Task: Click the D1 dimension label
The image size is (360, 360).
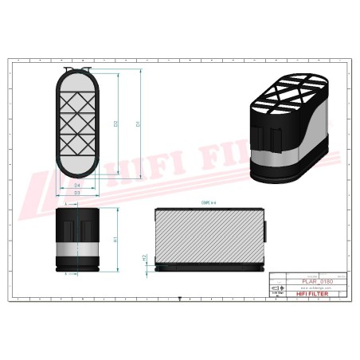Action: [139, 125]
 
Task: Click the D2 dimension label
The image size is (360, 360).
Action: [116, 125]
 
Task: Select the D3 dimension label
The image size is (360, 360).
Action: [76, 194]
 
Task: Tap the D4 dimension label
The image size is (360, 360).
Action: [76, 186]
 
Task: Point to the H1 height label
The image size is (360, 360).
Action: [116, 239]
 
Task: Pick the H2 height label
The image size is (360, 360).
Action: [144, 258]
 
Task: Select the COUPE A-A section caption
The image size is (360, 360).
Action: [209, 204]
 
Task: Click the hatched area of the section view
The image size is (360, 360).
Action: [209, 235]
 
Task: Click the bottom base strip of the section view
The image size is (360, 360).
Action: [209, 268]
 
